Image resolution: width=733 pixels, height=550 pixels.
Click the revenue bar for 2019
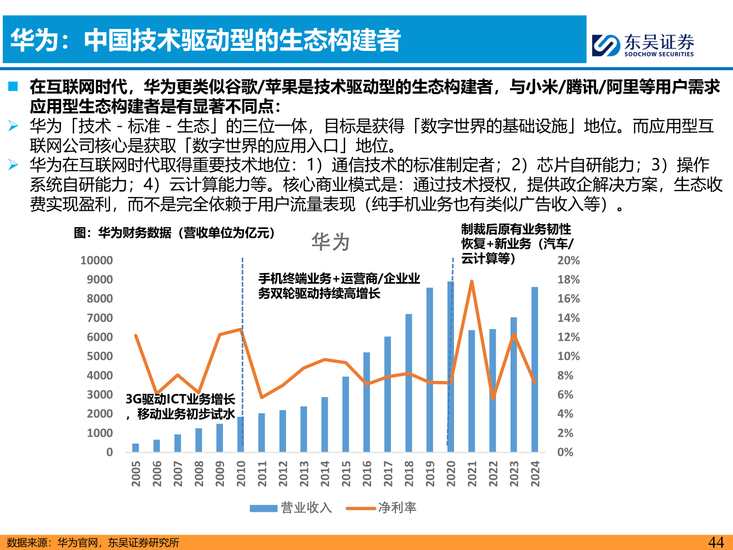[430, 370]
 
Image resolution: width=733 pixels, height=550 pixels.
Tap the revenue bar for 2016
[366, 402]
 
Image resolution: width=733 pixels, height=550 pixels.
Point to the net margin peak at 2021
[472, 281]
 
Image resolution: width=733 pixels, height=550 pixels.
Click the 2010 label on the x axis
[241, 474]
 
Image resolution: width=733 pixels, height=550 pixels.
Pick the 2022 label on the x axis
[493, 474]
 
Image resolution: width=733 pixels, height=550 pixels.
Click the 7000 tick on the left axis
[100, 318]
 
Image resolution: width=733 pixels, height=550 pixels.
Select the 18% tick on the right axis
[569, 280]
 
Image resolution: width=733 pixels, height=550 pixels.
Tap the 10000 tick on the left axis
[97, 260]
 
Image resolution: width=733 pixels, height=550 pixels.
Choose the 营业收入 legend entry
[291, 508]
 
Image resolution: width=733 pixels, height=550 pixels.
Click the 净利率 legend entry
[381, 508]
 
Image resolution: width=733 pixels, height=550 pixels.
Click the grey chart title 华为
[330, 241]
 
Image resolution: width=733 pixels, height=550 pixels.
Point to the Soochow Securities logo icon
[606, 45]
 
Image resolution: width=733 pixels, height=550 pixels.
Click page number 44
[716, 542]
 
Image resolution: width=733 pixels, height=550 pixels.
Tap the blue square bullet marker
[13, 87]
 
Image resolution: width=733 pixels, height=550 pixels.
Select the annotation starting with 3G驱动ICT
[180, 406]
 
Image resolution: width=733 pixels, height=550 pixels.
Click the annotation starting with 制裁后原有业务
[517, 243]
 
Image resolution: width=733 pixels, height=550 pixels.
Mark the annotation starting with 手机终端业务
[339, 286]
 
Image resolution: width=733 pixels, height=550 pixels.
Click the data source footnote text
[93, 542]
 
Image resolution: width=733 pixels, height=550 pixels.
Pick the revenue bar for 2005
[135, 448]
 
